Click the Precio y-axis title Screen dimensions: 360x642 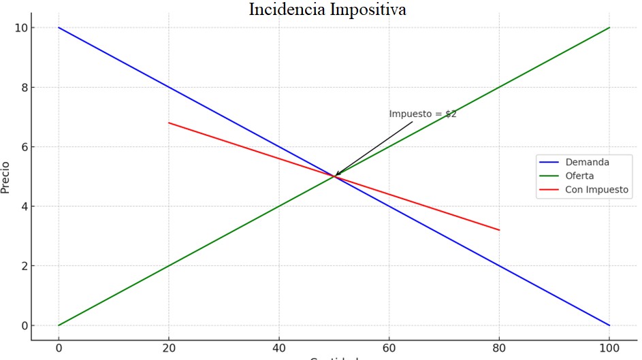pyautogui.click(x=6, y=177)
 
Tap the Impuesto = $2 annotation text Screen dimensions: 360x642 pyautogui.click(x=422, y=114)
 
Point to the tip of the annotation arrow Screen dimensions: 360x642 pyautogui.click(x=335, y=176)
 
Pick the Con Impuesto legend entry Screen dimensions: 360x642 pyautogui.click(x=596, y=189)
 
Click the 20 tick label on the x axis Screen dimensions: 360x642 pyautogui.click(x=169, y=348)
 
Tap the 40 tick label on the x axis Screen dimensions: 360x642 pyautogui.click(x=279, y=348)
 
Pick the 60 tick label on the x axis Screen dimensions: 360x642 pyautogui.click(x=389, y=348)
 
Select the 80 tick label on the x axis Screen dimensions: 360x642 pyautogui.click(x=499, y=348)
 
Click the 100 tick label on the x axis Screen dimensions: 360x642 pyautogui.click(x=609, y=348)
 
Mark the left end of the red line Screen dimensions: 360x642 pyautogui.click(x=169, y=122)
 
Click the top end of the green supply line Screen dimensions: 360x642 pyautogui.click(x=609, y=28)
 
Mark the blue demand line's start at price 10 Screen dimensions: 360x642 pyautogui.click(x=59, y=28)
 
